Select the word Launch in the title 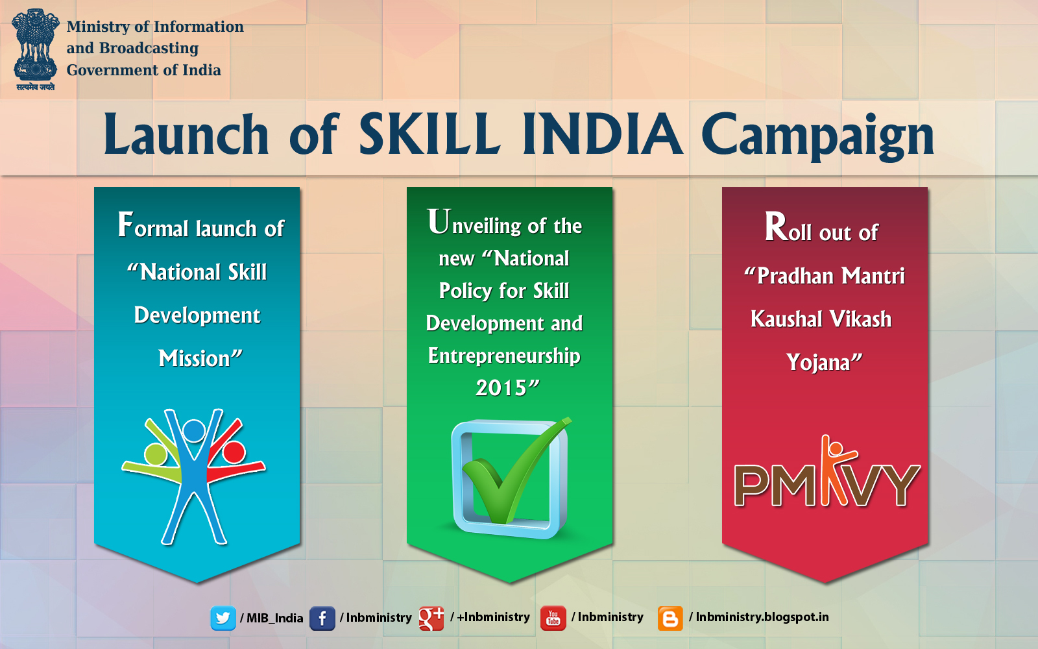pyautogui.click(x=186, y=134)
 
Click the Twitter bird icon pyautogui.click(x=223, y=618)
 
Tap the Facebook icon pyautogui.click(x=322, y=618)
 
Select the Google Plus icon pyautogui.click(x=431, y=618)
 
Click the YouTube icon pyautogui.click(x=553, y=618)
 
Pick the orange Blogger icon pyautogui.click(x=670, y=618)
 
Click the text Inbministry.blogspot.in pyautogui.click(x=762, y=617)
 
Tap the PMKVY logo pyautogui.click(x=827, y=477)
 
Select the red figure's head pyautogui.click(x=234, y=452)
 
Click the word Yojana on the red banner pyautogui.click(x=818, y=362)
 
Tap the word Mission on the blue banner pyautogui.click(x=195, y=358)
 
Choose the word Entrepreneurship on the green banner pyautogui.click(x=504, y=356)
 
